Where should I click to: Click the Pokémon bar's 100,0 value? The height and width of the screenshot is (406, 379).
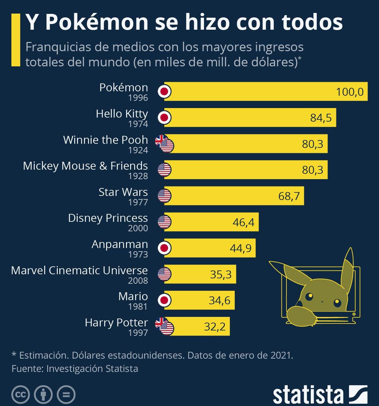[x=350, y=92]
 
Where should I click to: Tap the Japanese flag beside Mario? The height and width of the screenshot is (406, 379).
[x=164, y=300]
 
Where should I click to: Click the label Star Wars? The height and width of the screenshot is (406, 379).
[x=123, y=192]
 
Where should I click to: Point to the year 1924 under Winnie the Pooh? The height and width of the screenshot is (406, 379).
[x=138, y=150]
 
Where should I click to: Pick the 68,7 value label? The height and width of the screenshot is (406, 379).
[x=289, y=196]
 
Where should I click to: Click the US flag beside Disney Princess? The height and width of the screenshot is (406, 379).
[x=164, y=222]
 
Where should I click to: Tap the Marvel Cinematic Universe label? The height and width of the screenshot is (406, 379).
[x=79, y=270]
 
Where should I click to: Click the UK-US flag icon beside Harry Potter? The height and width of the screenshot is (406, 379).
[x=165, y=326]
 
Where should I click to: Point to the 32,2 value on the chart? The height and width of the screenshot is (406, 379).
[x=215, y=326]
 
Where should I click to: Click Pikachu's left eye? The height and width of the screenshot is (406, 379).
[x=309, y=296]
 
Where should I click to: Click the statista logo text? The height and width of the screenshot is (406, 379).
[x=308, y=395]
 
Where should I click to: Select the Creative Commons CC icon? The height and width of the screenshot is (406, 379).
[x=21, y=395]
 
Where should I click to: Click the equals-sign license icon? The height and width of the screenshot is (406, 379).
[x=66, y=395]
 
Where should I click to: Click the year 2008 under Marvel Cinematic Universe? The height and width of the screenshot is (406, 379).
[x=138, y=281]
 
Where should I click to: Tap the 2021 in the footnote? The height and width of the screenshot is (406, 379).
[x=281, y=355]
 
